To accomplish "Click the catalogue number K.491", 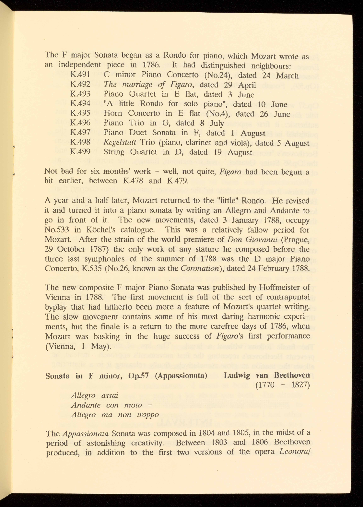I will [x=80, y=76].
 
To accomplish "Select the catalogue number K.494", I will [x=80, y=104].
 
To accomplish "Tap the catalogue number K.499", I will [x=80, y=152].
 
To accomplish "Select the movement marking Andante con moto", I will [x=107, y=405].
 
